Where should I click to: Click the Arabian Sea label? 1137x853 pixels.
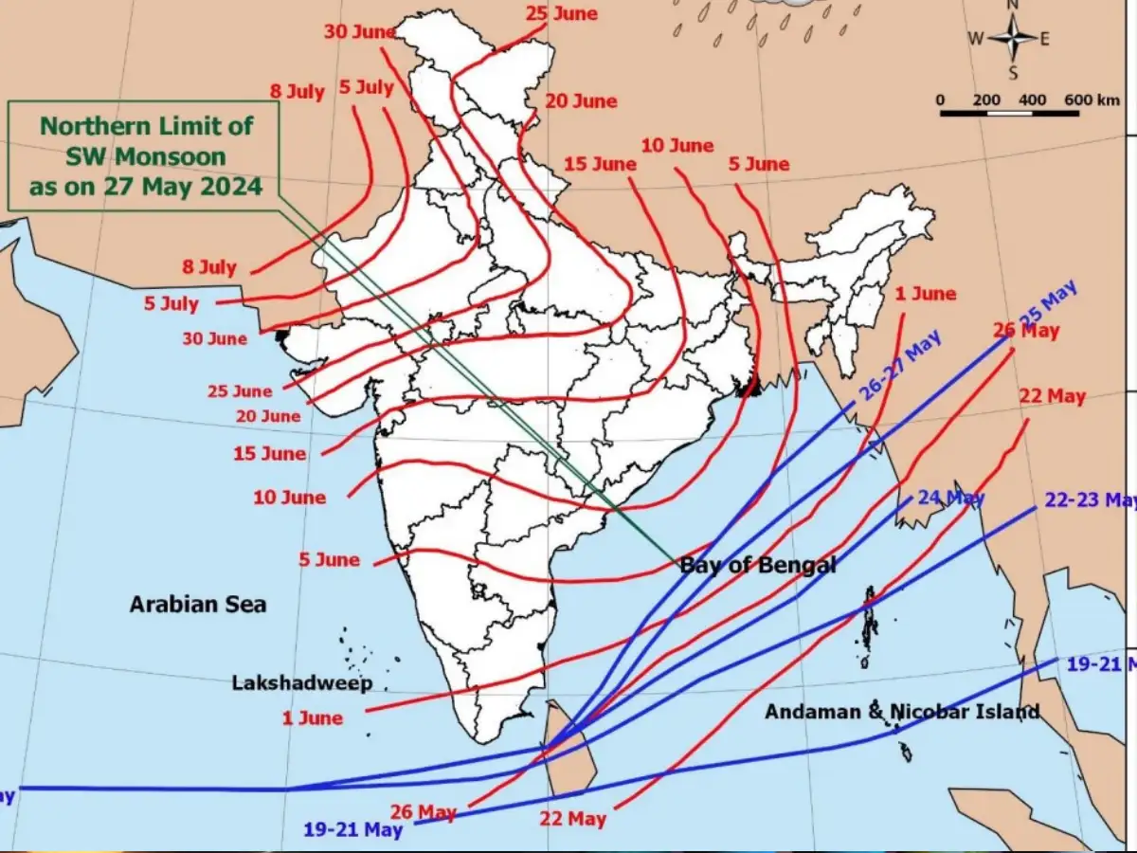[x=197, y=604]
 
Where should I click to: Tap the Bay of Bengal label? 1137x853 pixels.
[x=758, y=566]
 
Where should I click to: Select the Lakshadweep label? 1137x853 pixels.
[x=302, y=682]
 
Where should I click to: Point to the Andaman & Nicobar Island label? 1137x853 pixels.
[x=902, y=711]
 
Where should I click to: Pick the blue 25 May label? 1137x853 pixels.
[x=1047, y=304]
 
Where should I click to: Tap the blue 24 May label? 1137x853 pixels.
[x=950, y=497]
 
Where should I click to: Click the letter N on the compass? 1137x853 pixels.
[x=1012, y=5]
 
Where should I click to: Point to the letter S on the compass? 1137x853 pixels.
[x=1012, y=73]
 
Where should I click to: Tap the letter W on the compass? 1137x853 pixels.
[x=975, y=39]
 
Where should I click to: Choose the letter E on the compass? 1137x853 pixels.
[x=1046, y=39]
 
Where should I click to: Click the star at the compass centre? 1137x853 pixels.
[x=1012, y=39]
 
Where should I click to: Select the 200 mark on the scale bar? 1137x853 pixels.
[x=986, y=100]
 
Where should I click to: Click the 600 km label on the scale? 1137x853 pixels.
[x=1091, y=100]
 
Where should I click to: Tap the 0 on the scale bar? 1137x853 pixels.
[x=940, y=100]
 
